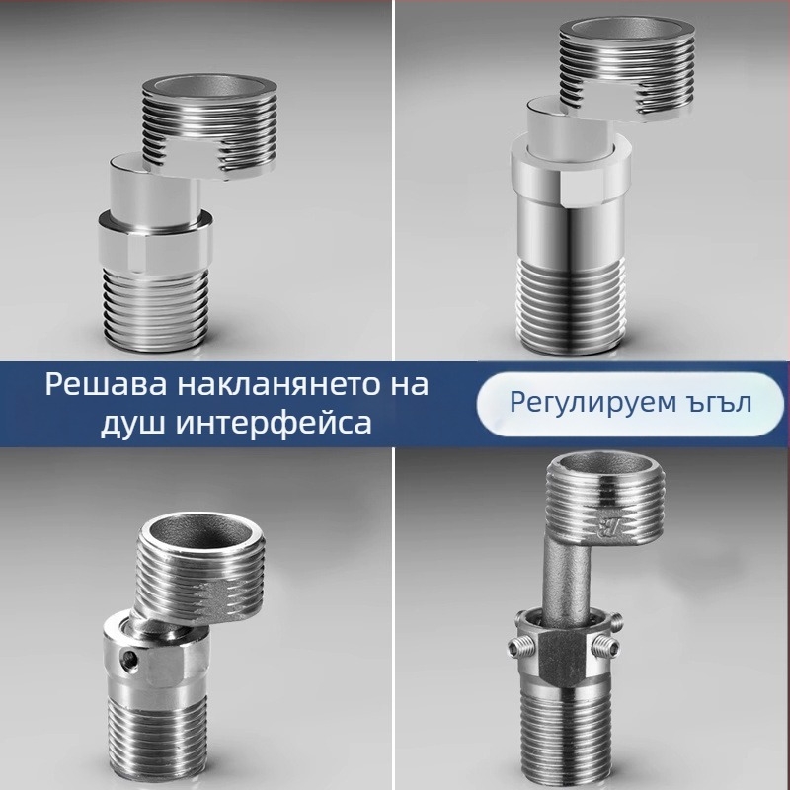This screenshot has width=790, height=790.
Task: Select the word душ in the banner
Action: coord(134,423)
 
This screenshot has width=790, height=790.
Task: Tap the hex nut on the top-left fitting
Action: coord(158,241)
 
